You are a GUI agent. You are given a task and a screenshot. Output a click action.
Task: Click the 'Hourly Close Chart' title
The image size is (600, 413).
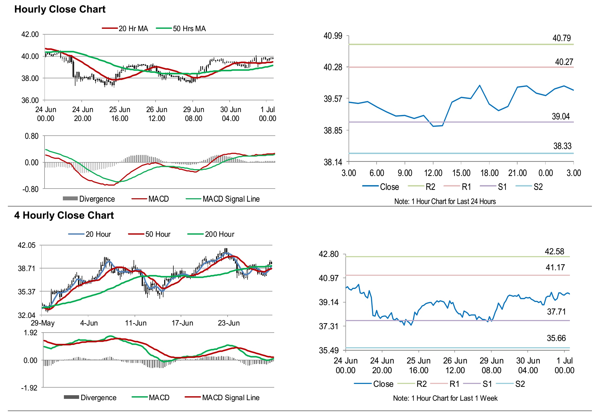(60, 9)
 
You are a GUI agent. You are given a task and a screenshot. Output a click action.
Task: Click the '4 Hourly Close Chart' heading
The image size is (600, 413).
(64, 215)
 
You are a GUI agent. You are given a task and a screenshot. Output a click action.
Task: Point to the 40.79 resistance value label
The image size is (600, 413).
(562, 38)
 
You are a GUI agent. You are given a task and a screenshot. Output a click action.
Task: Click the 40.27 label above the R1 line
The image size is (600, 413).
(564, 62)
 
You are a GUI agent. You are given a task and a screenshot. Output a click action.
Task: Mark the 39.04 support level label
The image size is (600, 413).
(561, 117)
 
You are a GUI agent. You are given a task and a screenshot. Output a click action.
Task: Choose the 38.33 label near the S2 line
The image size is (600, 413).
(562, 146)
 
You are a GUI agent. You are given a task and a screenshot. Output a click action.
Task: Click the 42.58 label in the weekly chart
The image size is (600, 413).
(554, 252)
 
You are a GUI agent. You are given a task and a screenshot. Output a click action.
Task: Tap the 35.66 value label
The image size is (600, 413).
(556, 338)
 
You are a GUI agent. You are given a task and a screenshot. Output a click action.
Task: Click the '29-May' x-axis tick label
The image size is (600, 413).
(43, 323)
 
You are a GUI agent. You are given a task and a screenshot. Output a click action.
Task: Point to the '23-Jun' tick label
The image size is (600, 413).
(229, 323)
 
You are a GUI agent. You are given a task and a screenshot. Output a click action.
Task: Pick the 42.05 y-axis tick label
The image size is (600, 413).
(26, 245)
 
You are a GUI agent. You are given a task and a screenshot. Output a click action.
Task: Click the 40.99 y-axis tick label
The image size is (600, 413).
(333, 36)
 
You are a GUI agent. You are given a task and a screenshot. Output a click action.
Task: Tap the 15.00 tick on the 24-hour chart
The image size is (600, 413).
(461, 173)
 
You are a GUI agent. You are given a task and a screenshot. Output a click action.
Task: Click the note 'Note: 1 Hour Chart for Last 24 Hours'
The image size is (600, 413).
(445, 201)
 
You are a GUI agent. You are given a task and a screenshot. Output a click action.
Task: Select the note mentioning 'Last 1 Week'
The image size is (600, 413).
(445, 398)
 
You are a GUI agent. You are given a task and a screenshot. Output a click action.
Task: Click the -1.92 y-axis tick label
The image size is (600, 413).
(29, 388)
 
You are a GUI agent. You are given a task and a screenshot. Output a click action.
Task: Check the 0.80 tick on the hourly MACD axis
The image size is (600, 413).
(31, 136)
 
